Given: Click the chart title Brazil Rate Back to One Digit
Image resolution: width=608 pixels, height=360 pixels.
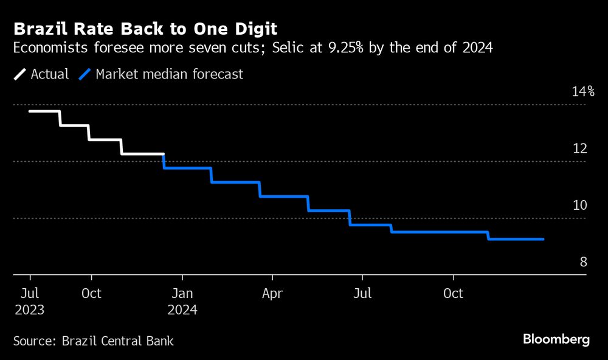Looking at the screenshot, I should click(x=145, y=29).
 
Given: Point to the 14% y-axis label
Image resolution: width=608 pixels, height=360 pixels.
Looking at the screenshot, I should click(x=582, y=92).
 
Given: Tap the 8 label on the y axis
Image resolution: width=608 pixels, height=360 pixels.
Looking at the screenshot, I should click(x=582, y=262).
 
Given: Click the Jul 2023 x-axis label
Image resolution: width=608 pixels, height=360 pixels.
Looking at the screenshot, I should click(x=29, y=301).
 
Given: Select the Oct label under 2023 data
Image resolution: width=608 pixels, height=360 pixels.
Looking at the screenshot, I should click(x=91, y=294).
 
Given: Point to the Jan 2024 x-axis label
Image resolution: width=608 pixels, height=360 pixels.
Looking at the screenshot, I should click(x=181, y=301).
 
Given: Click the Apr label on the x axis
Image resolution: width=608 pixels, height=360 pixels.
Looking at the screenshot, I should click(x=272, y=294).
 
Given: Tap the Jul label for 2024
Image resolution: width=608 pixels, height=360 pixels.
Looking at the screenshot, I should click(x=362, y=294).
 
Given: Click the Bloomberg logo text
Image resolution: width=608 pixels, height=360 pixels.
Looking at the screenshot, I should click(x=556, y=339).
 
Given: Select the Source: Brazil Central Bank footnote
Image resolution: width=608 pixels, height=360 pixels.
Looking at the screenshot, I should click(x=94, y=341).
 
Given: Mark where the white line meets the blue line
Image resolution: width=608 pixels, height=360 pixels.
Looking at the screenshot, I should click(x=164, y=154).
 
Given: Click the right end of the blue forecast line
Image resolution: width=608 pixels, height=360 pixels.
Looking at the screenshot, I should click(x=543, y=239).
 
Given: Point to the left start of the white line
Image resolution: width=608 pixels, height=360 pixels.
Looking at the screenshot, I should click(x=29, y=111).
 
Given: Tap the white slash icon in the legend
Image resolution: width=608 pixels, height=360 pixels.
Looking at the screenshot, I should click(x=20, y=74).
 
